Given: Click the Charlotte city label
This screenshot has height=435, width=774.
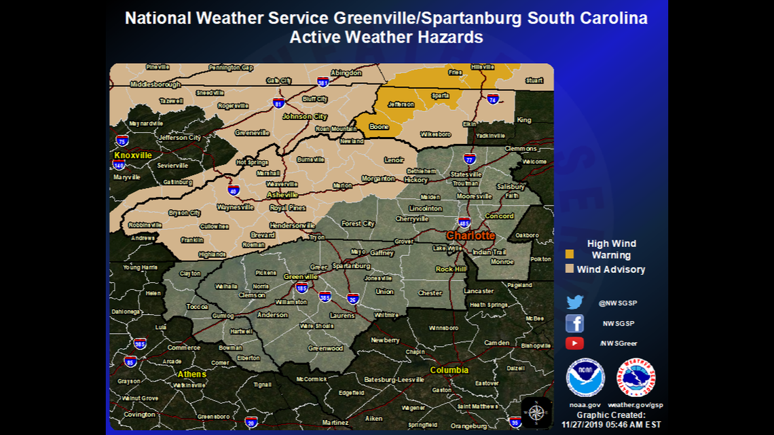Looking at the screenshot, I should [x=471, y=235].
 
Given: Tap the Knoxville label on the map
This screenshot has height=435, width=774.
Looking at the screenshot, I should [x=133, y=155].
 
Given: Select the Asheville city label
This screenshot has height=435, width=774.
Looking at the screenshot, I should [x=282, y=195].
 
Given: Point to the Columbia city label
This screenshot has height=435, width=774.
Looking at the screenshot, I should [x=449, y=371].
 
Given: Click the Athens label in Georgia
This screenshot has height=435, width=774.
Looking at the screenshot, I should [x=191, y=374].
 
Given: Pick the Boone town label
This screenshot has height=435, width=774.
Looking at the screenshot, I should [x=379, y=127].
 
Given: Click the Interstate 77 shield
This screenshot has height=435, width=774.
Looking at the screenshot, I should [x=469, y=159].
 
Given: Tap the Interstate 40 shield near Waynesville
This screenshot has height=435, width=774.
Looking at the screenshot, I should [x=234, y=190].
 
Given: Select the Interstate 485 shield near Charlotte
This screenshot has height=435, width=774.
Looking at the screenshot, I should [x=464, y=223].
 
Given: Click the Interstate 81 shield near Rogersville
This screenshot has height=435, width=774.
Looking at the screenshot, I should [x=278, y=103].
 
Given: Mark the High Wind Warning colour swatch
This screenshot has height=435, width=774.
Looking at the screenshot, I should [x=570, y=254].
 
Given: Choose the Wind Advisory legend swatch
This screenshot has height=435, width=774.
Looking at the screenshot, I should [x=570, y=269].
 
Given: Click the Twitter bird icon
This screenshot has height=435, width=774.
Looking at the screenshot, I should [x=574, y=303].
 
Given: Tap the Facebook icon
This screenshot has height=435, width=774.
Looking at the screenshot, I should [x=574, y=323].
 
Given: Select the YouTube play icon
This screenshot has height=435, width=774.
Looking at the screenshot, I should [x=574, y=343].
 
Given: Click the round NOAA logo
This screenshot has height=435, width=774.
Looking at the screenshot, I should [x=585, y=377].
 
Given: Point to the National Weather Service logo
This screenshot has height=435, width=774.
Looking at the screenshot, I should [x=635, y=377].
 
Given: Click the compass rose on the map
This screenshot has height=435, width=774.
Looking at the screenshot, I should [x=536, y=412].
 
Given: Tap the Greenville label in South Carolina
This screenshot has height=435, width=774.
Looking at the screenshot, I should [x=301, y=277].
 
